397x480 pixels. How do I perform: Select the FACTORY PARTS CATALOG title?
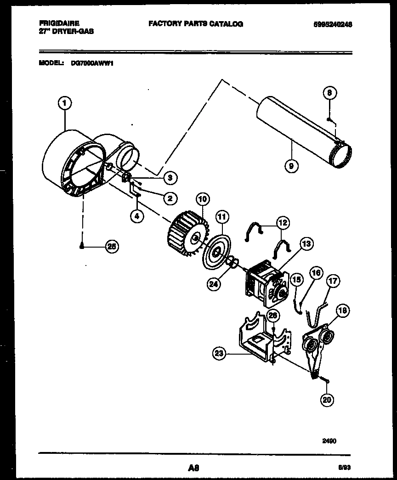(x=196, y=24)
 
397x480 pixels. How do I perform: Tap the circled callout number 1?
(x=64, y=104)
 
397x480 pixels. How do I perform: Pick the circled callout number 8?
(x=329, y=93)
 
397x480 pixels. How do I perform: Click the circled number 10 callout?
(x=202, y=199)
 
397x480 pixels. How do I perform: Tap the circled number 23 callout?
(x=220, y=353)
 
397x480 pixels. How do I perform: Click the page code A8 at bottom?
(x=194, y=468)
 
